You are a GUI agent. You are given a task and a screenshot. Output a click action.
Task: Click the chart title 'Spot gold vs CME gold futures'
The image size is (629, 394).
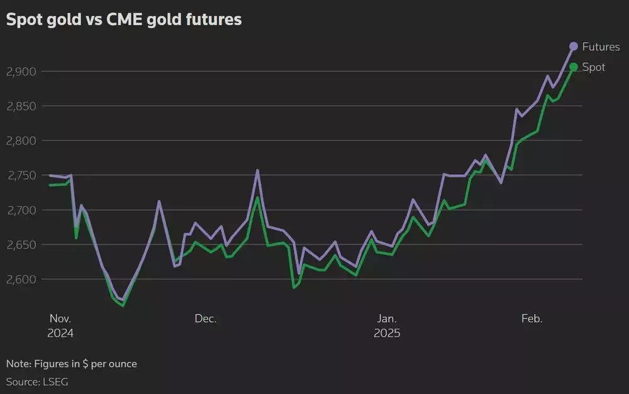[x=124, y=20]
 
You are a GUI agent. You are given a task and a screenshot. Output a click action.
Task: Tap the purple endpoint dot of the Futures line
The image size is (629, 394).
[x=574, y=46]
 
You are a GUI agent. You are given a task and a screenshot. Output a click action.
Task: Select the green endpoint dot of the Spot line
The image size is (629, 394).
[x=574, y=67]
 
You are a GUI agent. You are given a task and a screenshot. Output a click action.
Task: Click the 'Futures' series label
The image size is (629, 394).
[x=601, y=47]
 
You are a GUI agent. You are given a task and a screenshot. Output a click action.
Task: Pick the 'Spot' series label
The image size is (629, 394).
[x=594, y=67]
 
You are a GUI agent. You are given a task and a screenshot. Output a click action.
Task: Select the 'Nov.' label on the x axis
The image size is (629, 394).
[x=60, y=319]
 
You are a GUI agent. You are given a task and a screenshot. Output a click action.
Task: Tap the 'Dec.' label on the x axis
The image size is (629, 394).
[x=206, y=319]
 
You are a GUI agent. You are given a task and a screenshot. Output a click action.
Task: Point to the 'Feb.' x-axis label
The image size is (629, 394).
[x=532, y=319]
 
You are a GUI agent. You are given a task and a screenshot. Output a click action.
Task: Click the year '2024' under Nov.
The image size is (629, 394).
[x=60, y=333]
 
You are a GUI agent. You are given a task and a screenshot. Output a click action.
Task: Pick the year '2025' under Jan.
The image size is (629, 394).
[x=387, y=333]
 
